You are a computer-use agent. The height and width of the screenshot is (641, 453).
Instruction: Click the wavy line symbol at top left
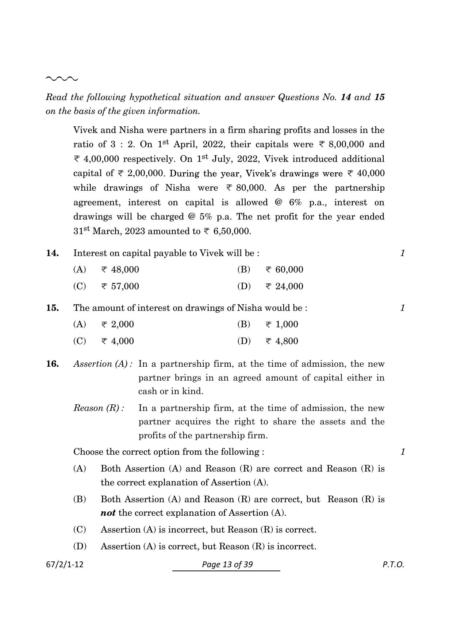[62, 79]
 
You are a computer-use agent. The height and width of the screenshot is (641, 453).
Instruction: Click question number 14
[53, 253]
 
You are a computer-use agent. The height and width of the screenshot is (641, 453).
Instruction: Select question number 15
[53, 308]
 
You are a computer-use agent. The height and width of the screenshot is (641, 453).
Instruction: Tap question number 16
[53, 364]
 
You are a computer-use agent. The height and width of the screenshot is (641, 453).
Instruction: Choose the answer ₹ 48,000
[120, 270]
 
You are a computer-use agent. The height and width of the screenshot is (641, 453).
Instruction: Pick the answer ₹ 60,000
[284, 270]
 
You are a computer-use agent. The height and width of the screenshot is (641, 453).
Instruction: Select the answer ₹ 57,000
[120, 286]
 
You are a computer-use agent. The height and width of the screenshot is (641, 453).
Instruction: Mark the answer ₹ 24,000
[284, 286]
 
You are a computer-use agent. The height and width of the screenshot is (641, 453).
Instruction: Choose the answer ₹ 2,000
[118, 325]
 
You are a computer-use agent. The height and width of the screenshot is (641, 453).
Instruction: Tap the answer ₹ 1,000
[282, 325]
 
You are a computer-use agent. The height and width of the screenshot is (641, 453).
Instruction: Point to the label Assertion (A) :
[103, 364]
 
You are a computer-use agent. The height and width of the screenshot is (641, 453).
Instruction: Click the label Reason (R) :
[99, 408]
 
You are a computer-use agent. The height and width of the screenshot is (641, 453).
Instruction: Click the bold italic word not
[108, 513]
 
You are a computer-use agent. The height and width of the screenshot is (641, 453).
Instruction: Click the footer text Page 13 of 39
[227, 565]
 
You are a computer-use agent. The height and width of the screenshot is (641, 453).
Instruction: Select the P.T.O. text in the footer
[393, 565]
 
